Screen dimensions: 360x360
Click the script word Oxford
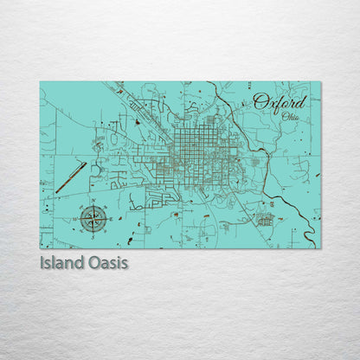(x=280, y=103)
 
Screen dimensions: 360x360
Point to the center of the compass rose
(x=91, y=218)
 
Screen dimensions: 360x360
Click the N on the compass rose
(x=91, y=204)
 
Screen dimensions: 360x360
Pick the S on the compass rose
(x=91, y=233)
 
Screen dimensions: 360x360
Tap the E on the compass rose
(x=106, y=218)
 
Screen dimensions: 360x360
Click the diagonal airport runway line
(x=71, y=177)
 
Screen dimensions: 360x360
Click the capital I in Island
(x=42, y=261)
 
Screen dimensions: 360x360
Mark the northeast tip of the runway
(x=86, y=162)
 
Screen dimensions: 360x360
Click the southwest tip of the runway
(x=56, y=192)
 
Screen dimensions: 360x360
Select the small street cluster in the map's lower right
(x=264, y=219)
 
